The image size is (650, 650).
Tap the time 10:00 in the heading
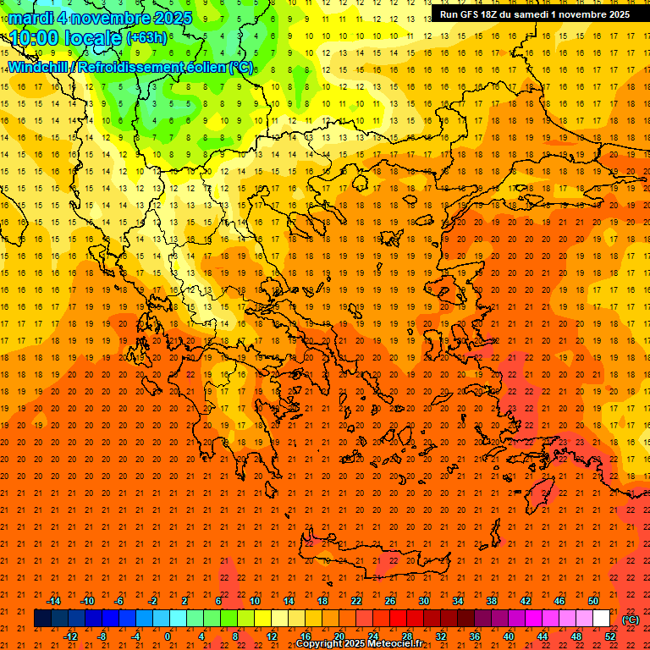tap(34, 38)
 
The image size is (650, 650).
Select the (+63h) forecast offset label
tap(146, 38)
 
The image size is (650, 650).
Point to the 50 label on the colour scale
tap(592, 601)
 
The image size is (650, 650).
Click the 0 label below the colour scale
tap(168, 636)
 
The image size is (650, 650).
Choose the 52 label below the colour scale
tap(609, 636)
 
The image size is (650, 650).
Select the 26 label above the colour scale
tap(390, 601)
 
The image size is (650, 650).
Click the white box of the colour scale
tap(601, 619)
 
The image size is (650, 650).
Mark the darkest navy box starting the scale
tap(42, 619)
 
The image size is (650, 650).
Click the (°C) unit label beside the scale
tap(630, 620)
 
